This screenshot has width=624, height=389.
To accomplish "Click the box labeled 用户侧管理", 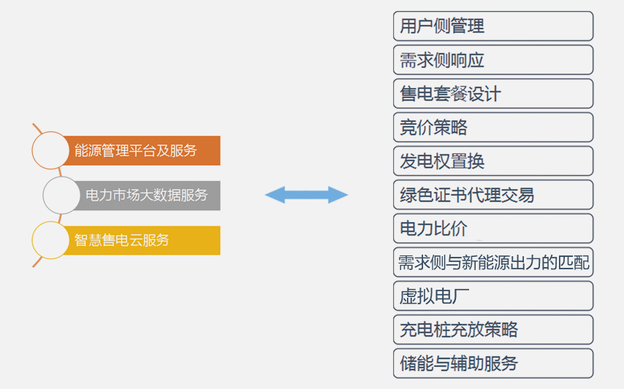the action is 493,26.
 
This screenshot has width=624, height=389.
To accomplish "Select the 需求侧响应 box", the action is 493,60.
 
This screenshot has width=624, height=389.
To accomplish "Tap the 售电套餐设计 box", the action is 493,93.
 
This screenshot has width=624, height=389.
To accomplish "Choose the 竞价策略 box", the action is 493,128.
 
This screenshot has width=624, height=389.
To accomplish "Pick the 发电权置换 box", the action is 493,161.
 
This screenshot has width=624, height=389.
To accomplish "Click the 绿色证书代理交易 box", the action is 493,195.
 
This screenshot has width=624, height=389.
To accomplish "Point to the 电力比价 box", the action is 493,228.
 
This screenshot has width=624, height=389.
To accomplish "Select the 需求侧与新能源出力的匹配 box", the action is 493,262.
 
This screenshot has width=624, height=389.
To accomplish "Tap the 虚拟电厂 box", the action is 493,296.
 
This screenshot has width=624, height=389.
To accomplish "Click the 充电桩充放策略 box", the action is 493,330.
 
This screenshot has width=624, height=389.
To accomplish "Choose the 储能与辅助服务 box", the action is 493,363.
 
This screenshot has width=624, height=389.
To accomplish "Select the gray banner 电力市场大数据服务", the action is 148,196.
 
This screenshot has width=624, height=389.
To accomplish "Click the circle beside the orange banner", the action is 50,150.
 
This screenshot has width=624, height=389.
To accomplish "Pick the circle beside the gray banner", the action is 61,196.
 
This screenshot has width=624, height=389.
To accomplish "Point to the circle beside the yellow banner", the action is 50,240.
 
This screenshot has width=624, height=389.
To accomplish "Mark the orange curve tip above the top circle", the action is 34,124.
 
